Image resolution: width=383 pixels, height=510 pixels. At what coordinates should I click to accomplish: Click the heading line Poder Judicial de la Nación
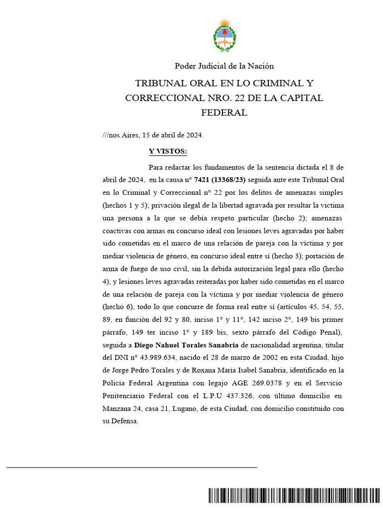pyautogui.click(x=224, y=66)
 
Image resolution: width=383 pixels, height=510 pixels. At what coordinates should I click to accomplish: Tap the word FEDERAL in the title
pyautogui.click(x=224, y=113)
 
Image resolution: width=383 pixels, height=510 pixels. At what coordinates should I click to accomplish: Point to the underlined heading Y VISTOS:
pyautogui.click(x=168, y=151)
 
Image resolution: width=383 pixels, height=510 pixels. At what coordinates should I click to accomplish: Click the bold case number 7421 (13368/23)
pyautogui.click(x=216, y=179)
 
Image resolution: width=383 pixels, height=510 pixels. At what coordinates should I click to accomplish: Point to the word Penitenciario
pyautogui.click(x=129, y=396)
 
